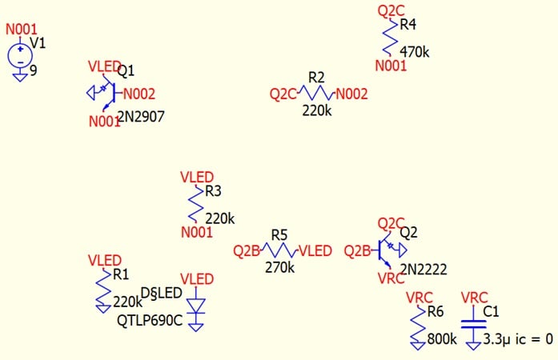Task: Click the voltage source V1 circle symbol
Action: coord(20,55)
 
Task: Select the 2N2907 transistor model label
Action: coord(141,116)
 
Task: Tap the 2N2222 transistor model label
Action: coord(424,270)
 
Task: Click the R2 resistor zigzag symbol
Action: coord(316,93)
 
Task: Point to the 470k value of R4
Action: coord(414,52)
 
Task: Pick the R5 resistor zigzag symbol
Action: coord(279,250)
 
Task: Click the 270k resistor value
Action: coord(279,267)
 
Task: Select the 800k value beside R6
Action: coord(442,339)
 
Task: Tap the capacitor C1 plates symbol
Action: coord(473,324)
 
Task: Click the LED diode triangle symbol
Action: coord(196,306)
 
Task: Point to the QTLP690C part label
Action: coord(150,321)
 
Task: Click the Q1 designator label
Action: coord(126,71)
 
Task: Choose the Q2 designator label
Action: coord(408,232)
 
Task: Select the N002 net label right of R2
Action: coord(351,94)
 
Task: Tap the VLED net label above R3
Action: coord(197,177)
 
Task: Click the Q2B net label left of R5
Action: coord(247,250)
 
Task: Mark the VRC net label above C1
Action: coord(475,298)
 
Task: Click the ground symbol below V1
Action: coord(20,77)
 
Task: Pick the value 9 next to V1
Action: coord(34,70)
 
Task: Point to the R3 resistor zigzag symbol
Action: coord(196,204)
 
